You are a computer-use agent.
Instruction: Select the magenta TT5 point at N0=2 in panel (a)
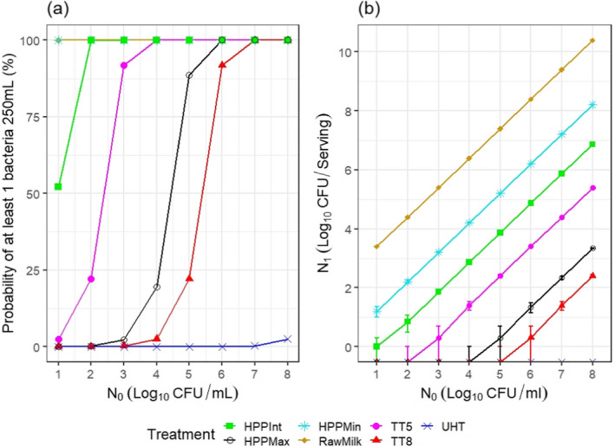point(91,279)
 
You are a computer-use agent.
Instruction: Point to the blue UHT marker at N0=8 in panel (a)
point(289,339)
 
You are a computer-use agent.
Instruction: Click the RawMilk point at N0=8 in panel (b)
point(592,41)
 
